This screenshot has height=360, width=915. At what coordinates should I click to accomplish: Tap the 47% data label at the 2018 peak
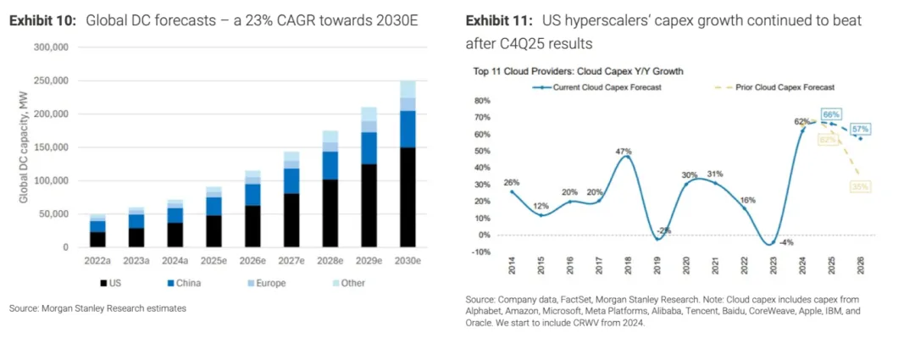pyautogui.click(x=624, y=152)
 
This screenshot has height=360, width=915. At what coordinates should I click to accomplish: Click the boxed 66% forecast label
pyautogui.click(x=830, y=114)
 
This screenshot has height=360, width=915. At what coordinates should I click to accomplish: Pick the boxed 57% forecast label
pyautogui.click(x=859, y=128)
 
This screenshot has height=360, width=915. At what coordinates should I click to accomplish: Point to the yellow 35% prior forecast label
pyautogui.click(x=860, y=186)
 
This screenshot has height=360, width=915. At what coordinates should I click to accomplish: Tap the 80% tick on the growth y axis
pyautogui.click(x=482, y=100)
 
